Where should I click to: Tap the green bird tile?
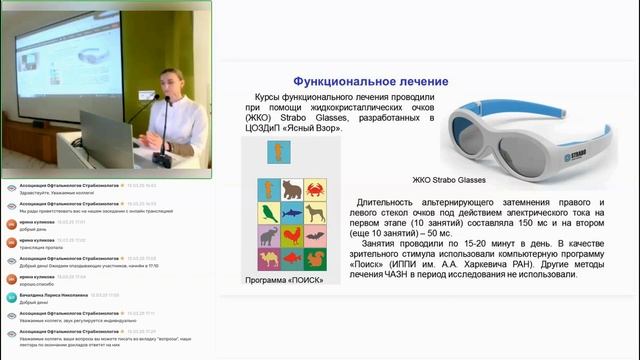[267, 213]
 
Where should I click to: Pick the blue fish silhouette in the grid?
[293, 213]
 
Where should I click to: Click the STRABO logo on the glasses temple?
[570, 128]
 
